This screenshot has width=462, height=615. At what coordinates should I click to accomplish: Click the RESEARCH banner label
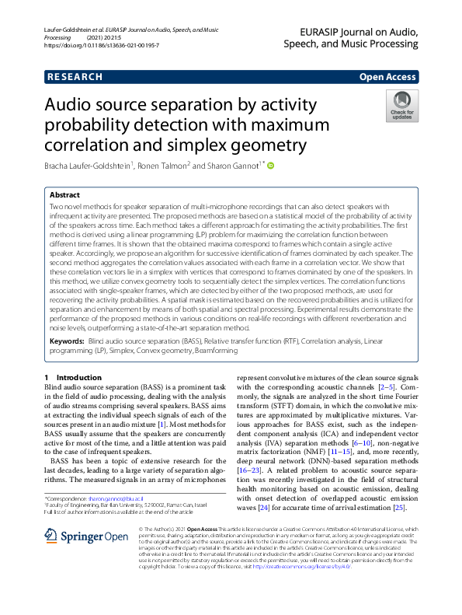click(x=75, y=77)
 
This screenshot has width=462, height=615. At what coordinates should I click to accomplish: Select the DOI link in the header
click(x=101, y=46)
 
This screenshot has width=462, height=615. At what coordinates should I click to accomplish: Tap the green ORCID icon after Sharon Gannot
click(x=271, y=165)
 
